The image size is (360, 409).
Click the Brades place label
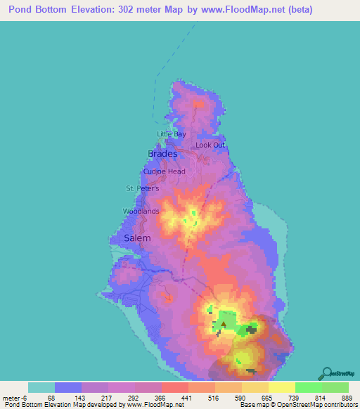click(162, 153)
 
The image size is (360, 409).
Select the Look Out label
click(210, 145)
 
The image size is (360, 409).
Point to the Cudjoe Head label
click(165, 171)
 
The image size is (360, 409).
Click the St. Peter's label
click(143, 188)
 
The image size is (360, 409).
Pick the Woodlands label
click(141, 211)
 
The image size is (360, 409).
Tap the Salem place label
click(137, 238)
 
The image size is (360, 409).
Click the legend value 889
click(347, 397)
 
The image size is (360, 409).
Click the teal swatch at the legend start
click(41, 387)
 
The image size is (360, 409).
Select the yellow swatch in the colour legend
click(282, 387)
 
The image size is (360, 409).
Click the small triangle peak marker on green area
click(224, 325)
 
